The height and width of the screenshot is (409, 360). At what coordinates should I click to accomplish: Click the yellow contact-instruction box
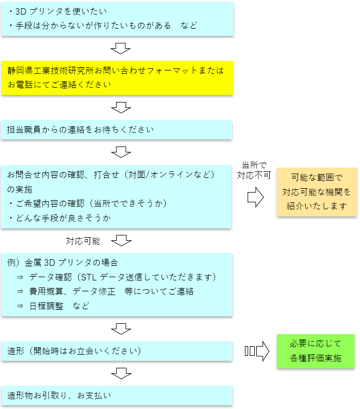[117, 78]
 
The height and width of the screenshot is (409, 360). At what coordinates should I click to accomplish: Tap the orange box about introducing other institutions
[317, 192]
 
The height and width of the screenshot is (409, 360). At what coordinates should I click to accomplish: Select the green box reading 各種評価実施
[315, 351]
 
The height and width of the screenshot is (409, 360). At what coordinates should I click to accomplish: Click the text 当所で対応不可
[253, 170]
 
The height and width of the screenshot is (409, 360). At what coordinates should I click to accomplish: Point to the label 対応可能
[83, 240]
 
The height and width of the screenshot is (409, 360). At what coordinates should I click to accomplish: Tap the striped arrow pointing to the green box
[257, 351]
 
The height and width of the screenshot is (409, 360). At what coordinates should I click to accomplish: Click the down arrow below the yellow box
[121, 107]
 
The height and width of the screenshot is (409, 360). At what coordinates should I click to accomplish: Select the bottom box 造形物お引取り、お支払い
[117, 395]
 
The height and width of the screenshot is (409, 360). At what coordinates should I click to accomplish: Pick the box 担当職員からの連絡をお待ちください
[117, 130]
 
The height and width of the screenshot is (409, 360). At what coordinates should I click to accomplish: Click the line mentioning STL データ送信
[117, 277]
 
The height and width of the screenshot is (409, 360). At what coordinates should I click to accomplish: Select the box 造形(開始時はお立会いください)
[117, 351]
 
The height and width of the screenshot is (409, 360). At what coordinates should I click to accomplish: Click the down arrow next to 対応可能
[121, 239]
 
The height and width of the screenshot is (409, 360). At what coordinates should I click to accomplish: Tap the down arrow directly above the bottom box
[121, 373]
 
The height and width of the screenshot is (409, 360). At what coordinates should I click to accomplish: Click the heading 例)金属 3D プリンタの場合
[63, 263]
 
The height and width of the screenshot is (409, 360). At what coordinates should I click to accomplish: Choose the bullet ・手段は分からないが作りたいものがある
[103, 25]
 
